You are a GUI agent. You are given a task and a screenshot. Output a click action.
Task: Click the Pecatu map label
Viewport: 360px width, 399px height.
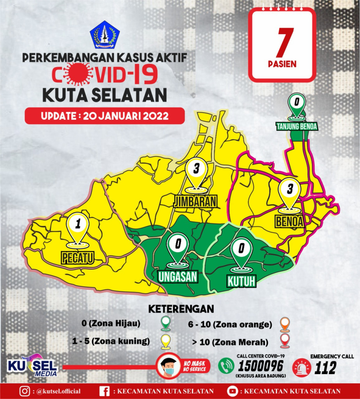pyautogui.click(x=78, y=258)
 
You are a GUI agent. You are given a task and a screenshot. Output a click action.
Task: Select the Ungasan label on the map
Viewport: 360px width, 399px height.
pyautogui.click(x=178, y=276)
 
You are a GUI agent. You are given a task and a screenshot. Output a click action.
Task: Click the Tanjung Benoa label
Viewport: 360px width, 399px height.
pyautogui.click(x=297, y=126)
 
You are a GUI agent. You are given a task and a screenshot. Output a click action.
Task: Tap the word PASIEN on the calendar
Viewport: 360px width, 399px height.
pyautogui.click(x=282, y=64)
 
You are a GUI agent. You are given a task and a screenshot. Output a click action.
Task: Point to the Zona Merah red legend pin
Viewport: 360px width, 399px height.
pyautogui.click(x=285, y=342)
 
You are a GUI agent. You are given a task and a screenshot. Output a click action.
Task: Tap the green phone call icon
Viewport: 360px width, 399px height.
pyautogui.click(x=226, y=366)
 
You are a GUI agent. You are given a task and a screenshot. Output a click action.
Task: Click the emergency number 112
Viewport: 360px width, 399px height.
pyautogui.click(x=325, y=368)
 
